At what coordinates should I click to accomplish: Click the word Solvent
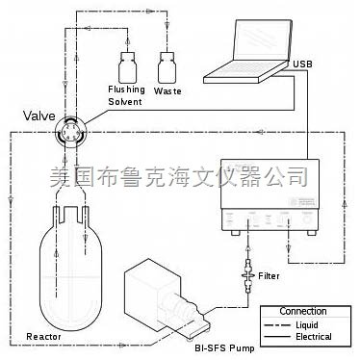[x=126, y=101]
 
